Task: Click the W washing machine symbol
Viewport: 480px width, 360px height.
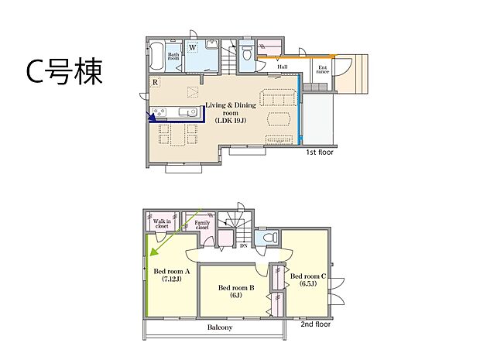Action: (x=192, y=46)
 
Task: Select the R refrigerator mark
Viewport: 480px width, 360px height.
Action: (x=156, y=83)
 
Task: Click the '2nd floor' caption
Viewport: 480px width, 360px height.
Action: (x=316, y=324)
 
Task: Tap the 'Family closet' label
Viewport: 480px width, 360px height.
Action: (x=202, y=226)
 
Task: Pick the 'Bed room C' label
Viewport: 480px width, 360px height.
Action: (x=307, y=280)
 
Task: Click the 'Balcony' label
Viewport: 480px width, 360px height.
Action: (x=219, y=328)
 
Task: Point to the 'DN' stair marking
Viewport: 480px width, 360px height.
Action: (x=244, y=245)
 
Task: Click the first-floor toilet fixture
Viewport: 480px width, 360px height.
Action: (x=247, y=53)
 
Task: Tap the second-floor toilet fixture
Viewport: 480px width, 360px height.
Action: (x=268, y=238)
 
